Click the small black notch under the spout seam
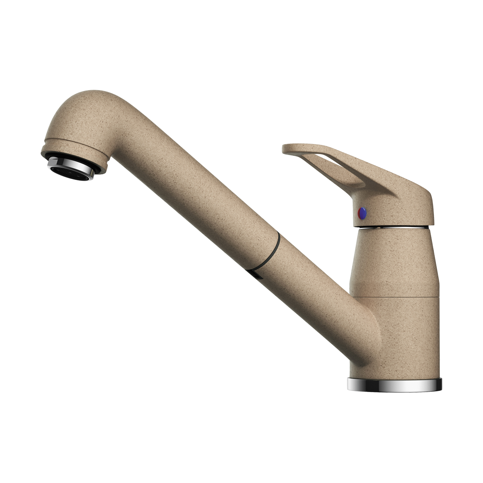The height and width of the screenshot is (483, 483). (254, 274)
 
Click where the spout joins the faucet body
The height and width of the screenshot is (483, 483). (362, 322)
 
